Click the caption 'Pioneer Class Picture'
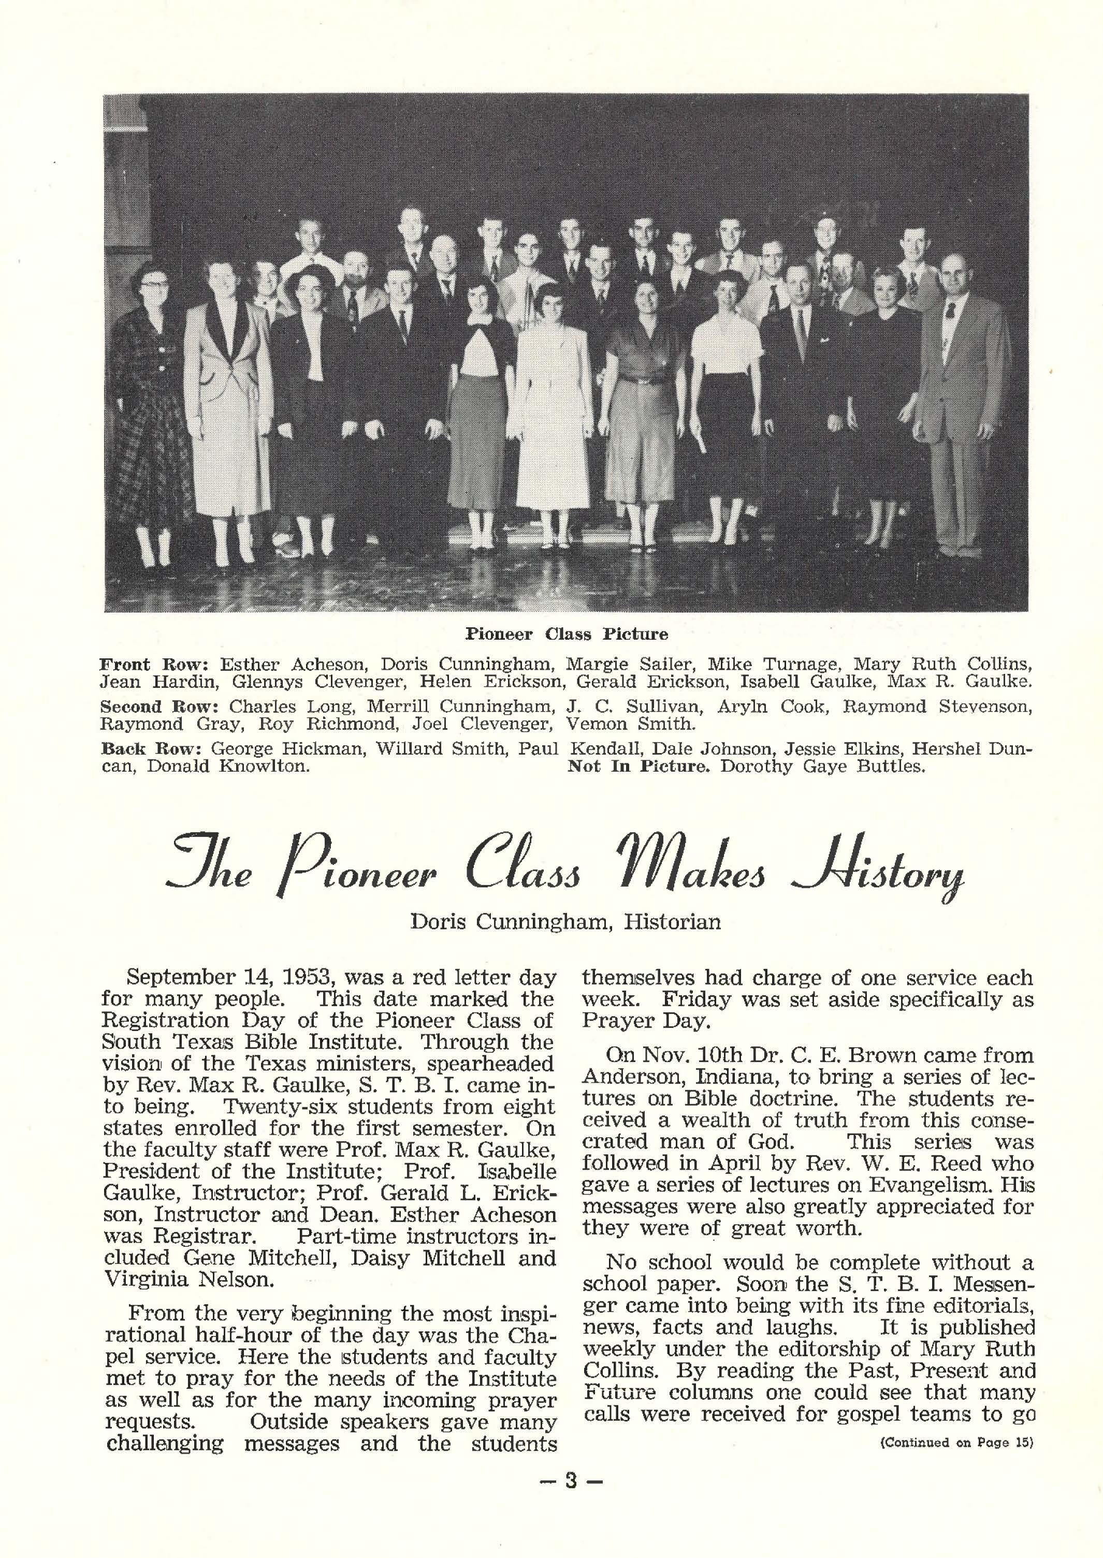567,634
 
